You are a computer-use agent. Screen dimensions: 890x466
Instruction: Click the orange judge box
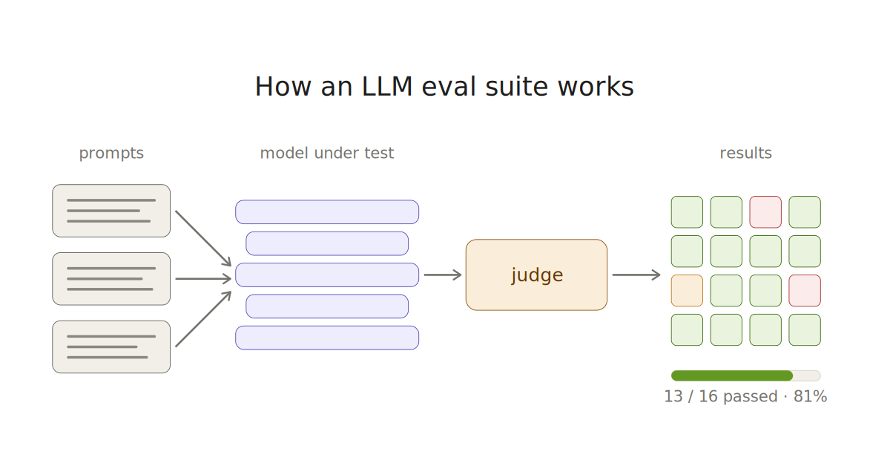[x=536, y=275]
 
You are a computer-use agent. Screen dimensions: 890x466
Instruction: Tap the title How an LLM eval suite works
[x=444, y=87]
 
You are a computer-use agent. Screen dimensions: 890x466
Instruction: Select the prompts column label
[x=111, y=153]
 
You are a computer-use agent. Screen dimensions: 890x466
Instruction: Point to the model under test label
[x=326, y=153]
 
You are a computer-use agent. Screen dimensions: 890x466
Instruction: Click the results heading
[x=746, y=153]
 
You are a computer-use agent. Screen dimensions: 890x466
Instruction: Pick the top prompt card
[x=111, y=211]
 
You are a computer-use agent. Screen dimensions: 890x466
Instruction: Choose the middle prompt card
[x=111, y=279]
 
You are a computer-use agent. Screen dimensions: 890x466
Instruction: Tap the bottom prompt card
[x=111, y=347]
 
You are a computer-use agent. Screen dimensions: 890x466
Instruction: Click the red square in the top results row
[x=765, y=212]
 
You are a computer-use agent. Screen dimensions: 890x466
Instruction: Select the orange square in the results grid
[x=687, y=291]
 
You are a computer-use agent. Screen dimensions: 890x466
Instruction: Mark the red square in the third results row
[x=805, y=291]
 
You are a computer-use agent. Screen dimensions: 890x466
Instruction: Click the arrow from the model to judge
[x=443, y=275]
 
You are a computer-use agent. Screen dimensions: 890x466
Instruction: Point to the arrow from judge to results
[x=636, y=275]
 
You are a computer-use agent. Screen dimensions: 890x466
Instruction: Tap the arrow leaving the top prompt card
[x=203, y=239]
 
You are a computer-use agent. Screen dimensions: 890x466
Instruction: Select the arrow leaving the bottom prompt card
[x=203, y=319]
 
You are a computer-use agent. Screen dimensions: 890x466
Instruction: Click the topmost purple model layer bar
[x=327, y=212]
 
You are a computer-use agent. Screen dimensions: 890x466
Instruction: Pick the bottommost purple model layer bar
[x=327, y=338]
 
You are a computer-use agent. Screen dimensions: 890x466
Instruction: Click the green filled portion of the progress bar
[x=732, y=375]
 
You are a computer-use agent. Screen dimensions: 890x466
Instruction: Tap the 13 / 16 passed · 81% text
[x=745, y=396]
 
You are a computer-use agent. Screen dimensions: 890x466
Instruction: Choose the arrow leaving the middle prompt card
[x=203, y=279]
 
